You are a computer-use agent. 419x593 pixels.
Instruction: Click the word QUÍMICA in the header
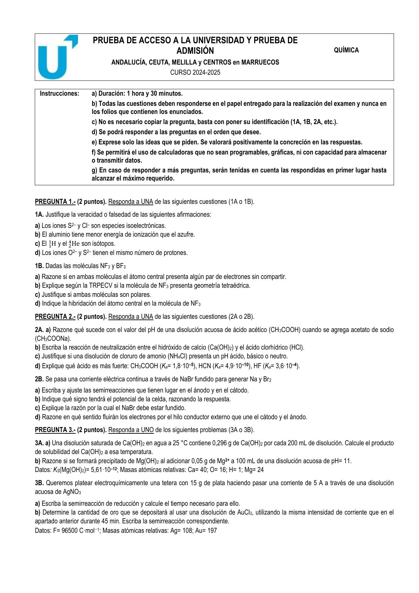346,50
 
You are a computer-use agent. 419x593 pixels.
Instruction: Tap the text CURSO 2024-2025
195,72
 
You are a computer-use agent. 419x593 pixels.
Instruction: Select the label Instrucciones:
59,93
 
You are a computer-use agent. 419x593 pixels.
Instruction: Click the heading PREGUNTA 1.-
55,202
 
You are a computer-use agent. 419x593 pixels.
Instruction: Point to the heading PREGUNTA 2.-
55,317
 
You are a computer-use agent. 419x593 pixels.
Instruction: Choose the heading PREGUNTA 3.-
55,430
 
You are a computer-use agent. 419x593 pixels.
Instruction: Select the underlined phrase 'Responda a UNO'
131,430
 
